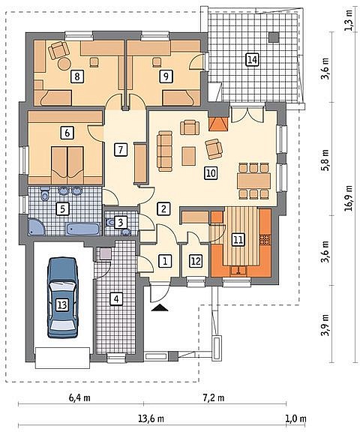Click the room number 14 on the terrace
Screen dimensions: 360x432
pos(252,60)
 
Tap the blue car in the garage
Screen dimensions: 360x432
pos(62,298)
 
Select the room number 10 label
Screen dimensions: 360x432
pos(211,173)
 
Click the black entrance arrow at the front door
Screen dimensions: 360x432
pos(160,307)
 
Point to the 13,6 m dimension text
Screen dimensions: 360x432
pos(151,418)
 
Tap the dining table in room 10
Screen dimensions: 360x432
pos(253,181)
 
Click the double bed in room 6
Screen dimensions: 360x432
pos(67,165)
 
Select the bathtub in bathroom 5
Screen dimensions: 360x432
pos(82,229)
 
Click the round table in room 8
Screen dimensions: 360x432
pos(64,64)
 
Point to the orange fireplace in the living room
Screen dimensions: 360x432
pos(218,124)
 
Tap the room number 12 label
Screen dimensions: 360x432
pos(196,261)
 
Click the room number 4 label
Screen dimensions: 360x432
pos(116,298)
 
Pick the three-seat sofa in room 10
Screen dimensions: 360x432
pos(165,151)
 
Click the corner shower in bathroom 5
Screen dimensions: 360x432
pos(37,227)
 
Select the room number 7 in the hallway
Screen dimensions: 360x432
pos(120,150)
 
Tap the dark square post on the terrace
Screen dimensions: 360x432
pos(274,37)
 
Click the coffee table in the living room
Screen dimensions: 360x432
pos(189,156)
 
